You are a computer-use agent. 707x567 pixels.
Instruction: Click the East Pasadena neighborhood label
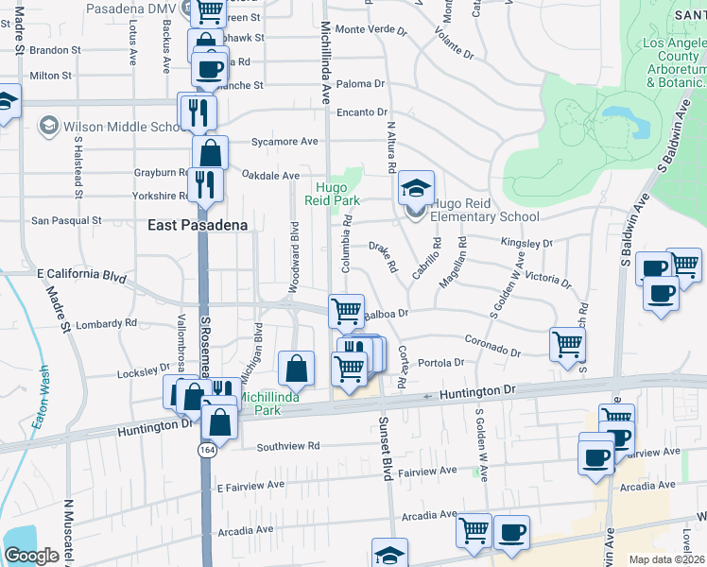tap(198, 225)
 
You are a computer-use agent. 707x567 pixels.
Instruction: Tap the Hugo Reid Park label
tap(333, 194)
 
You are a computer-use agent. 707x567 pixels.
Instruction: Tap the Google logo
tap(31, 555)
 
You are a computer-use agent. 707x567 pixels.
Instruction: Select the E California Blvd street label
tap(81, 275)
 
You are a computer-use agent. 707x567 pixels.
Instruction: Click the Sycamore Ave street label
tap(285, 142)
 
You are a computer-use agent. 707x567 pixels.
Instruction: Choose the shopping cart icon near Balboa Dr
tap(347, 310)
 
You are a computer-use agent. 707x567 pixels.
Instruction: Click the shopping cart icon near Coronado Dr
tap(567, 344)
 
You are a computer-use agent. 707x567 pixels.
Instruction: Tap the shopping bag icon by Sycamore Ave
tap(210, 152)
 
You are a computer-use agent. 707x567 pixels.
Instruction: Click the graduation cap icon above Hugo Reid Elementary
tap(415, 187)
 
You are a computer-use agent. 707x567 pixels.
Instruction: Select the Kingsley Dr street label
tap(526, 243)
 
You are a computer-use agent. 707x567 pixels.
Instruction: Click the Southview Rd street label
tap(286, 446)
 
